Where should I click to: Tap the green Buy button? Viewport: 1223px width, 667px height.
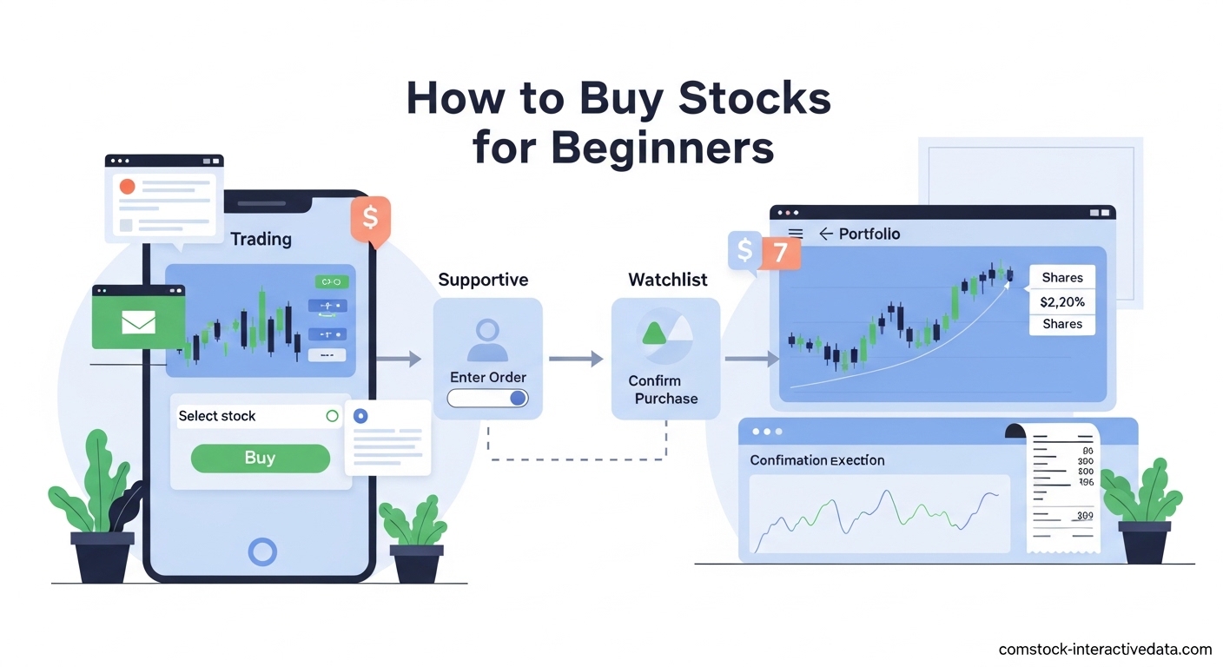tap(260, 458)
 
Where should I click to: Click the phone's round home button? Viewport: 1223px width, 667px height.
tap(262, 551)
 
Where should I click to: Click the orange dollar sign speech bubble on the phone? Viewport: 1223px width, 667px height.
tap(371, 217)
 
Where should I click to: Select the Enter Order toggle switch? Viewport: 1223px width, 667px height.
tap(487, 398)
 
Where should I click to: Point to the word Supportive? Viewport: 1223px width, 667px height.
tap(483, 280)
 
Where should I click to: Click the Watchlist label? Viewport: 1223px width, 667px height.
tap(667, 280)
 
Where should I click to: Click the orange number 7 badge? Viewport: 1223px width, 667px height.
tap(780, 252)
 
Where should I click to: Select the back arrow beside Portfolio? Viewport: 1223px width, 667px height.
tap(825, 234)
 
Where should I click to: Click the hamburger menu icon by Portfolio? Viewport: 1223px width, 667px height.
tap(795, 234)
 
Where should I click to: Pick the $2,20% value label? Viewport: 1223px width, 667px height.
tap(1061, 302)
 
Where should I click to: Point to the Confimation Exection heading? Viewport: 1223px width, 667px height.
tap(816, 460)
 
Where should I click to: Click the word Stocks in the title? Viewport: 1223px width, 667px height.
tap(754, 99)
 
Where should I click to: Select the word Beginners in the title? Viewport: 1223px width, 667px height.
tap(663, 148)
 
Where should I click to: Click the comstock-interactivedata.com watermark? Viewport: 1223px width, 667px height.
tap(1105, 649)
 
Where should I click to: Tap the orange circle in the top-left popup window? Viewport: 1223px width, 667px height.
tap(128, 186)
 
